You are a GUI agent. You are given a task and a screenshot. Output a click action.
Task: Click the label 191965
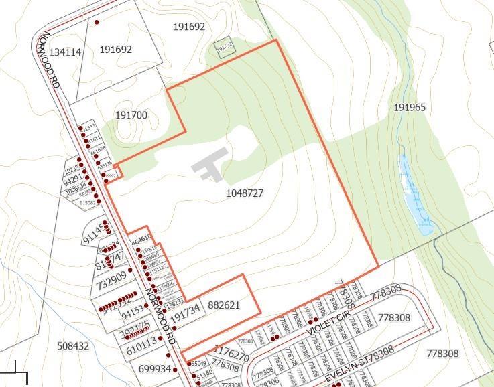tap(410, 108)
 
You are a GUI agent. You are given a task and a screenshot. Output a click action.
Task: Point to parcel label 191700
tap(131, 115)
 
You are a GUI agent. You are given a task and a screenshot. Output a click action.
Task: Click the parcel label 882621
tap(223, 305)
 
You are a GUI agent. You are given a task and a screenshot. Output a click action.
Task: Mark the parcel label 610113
tap(141, 341)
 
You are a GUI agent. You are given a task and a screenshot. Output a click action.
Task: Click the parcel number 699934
tap(155, 369)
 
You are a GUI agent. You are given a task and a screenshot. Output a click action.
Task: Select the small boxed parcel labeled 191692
tap(224, 46)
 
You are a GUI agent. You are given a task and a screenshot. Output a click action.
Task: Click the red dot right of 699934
tap(176, 369)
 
